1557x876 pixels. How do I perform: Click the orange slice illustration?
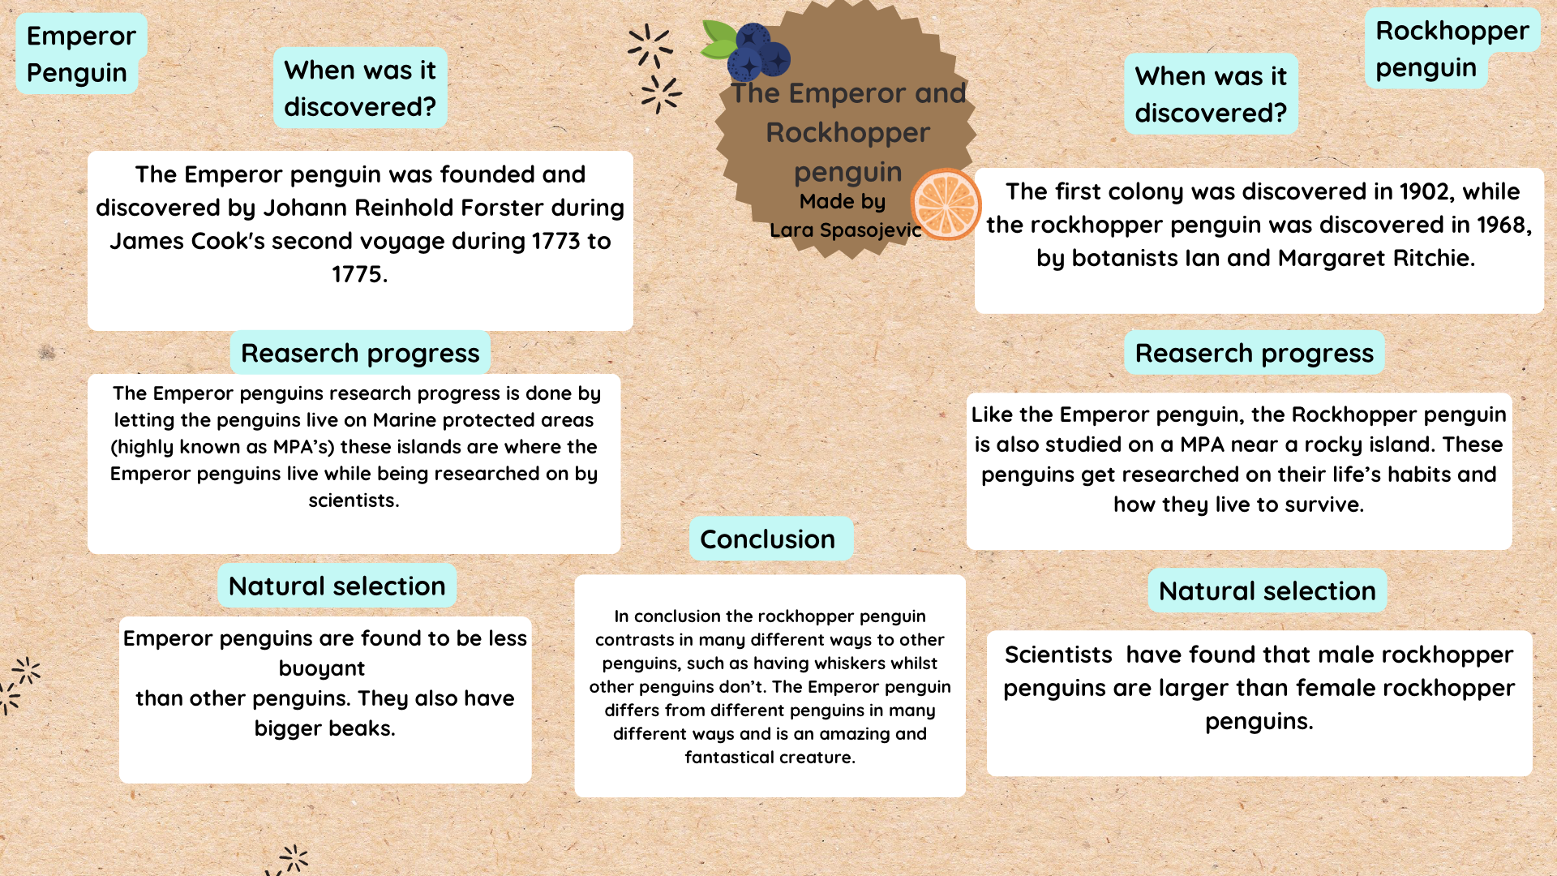pyautogui.click(x=946, y=204)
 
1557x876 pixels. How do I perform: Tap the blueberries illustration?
pyautogui.click(x=758, y=52)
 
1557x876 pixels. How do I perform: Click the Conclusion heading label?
pyautogui.click(x=767, y=539)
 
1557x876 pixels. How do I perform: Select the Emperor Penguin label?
pyautogui.click(x=80, y=54)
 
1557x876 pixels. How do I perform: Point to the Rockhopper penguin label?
pyautogui.click(x=1452, y=49)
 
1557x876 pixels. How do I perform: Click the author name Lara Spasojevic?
pyautogui.click(x=845, y=230)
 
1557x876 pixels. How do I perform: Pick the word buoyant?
pyautogui.click(x=322, y=668)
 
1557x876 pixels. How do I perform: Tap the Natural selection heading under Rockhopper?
pyautogui.click(x=1267, y=591)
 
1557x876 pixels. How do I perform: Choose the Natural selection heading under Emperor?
pyautogui.click(x=337, y=586)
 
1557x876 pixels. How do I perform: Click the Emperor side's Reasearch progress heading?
pyautogui.click(x=360, y=353)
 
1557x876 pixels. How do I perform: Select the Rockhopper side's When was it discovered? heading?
pyautogui.click(x=1211, y=94)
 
